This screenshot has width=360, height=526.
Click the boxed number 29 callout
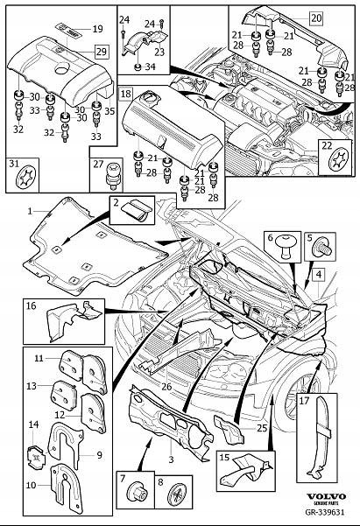[101, 52]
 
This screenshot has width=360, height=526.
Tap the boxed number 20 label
[316, 18]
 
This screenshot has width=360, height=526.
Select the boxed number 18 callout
[125, 94]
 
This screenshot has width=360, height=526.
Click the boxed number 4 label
[318, 275]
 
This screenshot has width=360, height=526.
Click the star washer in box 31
[25, 176]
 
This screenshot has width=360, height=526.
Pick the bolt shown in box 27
[114, 174]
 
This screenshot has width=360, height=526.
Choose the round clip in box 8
[179, 494]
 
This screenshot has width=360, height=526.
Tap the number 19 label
[97, 29]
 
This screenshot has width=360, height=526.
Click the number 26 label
[166, 387]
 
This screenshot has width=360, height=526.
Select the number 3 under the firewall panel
[171, 459]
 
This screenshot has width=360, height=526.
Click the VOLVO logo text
[326, 496]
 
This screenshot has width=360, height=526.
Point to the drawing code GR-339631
[325, 512]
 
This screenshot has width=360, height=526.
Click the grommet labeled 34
[138, 67]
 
